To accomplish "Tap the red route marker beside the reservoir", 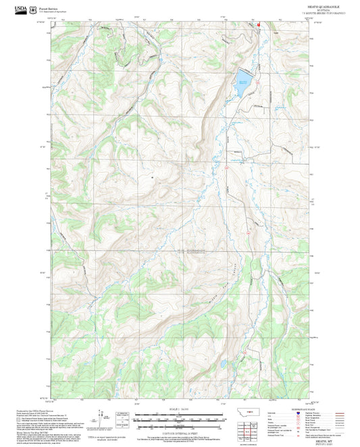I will point(259,26).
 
